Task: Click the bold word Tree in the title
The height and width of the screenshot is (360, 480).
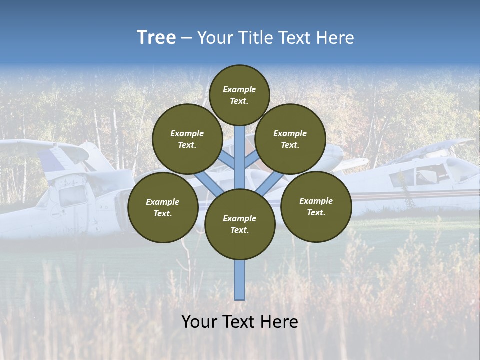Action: pyautogui.click(x=156, y=37)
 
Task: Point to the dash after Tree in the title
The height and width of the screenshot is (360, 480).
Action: pyautogui.click(x=186, y=38)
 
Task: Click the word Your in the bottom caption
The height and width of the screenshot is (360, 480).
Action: pyautogui.click(x=199, y=321)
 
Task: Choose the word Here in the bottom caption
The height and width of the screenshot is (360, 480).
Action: pyautogui.click(x=279, y=321)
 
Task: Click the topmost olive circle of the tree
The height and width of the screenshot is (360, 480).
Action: pyautogui.click(x=239, y=95)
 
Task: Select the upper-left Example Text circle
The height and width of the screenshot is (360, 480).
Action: pyautogui.click(x=187, y=139)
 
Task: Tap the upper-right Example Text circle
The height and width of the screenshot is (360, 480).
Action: pyautogui.click(x=290, y=139)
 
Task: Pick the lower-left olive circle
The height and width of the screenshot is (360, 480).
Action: pyautogui.click(x=163, y=207)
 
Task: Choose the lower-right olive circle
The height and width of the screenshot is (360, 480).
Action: pyautogui.click(x=316, y=206)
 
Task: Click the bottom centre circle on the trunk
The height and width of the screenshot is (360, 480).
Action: pyautogui.click(x=240, y=224)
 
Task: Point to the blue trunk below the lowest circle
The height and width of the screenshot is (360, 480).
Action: pyautogui.click(x=240, y=280)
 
